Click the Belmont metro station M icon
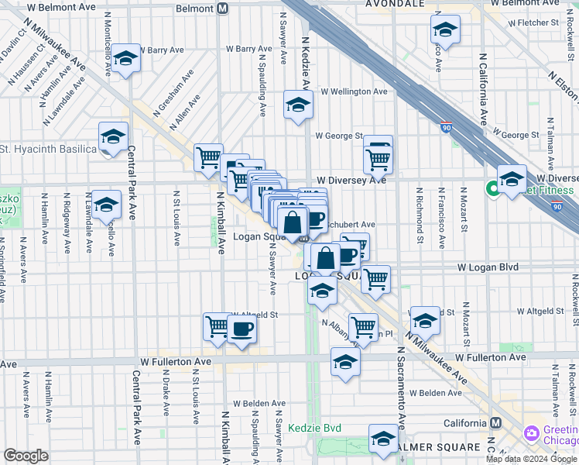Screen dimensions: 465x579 (223, 9)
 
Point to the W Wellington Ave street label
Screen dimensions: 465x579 (354, 91)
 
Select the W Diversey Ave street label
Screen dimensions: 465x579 (351, 180)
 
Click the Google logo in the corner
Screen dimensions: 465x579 (26, 456)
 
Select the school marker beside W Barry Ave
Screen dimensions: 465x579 (125, 58)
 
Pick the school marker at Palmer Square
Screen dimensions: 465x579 (382, 439)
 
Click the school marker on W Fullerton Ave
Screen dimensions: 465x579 (345, 361)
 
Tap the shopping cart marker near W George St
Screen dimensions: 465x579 (378, 159)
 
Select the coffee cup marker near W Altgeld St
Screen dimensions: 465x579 (242, 328)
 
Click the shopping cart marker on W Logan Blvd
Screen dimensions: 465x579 (375, 278)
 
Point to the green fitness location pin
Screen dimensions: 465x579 (492, 188)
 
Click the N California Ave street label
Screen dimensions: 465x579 (482, 89)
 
